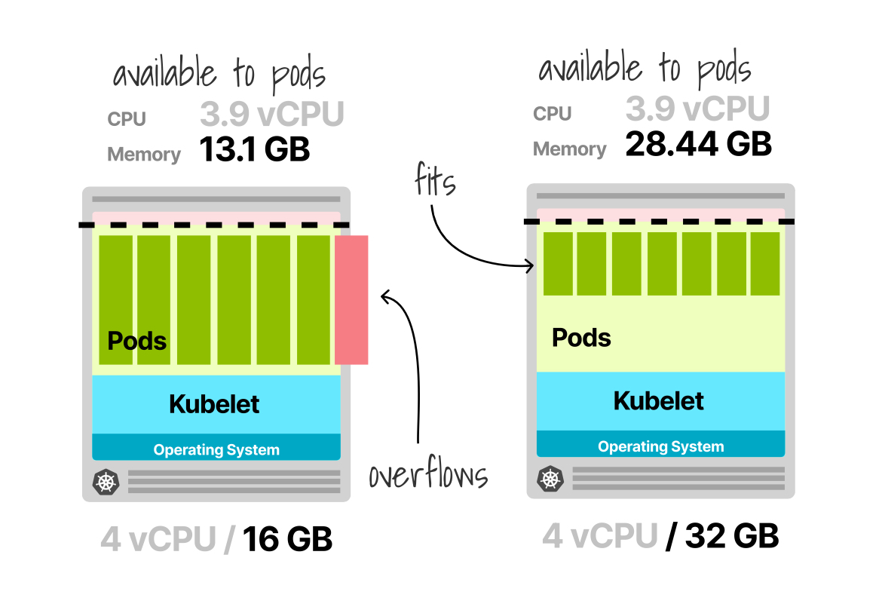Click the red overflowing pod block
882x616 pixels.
click(x=351, y=299)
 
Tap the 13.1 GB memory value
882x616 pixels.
click(x=255, y=149)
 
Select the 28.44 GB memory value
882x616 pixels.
click(x=698, y=143)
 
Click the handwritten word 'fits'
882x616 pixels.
click(x=435, y=181)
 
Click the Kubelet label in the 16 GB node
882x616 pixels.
click(x=214, y=404)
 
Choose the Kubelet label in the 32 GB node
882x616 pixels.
click(x=659, y=401)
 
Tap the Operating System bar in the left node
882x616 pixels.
click(x=216, y=450)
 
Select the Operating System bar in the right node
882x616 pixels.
click(x=660, y=446)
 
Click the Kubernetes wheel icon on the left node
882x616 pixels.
click(x=104, y=481)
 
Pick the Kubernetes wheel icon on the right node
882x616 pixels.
click(x=549, y=478)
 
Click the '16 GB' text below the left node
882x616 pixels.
click(x=287, y=540)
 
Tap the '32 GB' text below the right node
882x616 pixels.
click(x=731, y=536)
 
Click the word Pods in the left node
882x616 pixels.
click(x=137, y=341)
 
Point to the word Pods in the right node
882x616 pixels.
click(x=581, y=337)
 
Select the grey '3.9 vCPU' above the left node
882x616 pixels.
click(x=271, y=115)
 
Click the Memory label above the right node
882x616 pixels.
click(x=569, y=149)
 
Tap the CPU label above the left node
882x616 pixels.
click(x=127, y=119)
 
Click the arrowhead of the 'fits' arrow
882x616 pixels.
click(x=532, y=265)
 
